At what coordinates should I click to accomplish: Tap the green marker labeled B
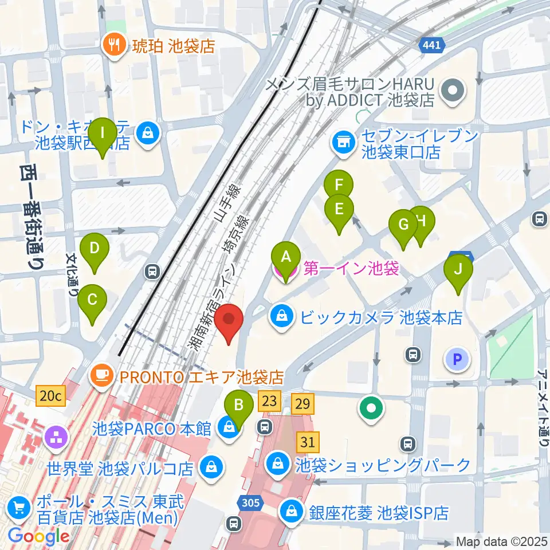click(240, 405)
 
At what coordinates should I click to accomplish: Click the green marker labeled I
click(103, 133)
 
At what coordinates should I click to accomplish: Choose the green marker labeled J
click(458, 269)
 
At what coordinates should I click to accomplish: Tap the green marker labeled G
click(403, 224)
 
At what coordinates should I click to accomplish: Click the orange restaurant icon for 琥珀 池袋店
click(113, 46)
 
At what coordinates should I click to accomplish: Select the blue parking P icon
click(457, 359)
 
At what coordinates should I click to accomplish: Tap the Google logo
click(39, 537)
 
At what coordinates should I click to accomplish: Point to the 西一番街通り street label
click(33, 218)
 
